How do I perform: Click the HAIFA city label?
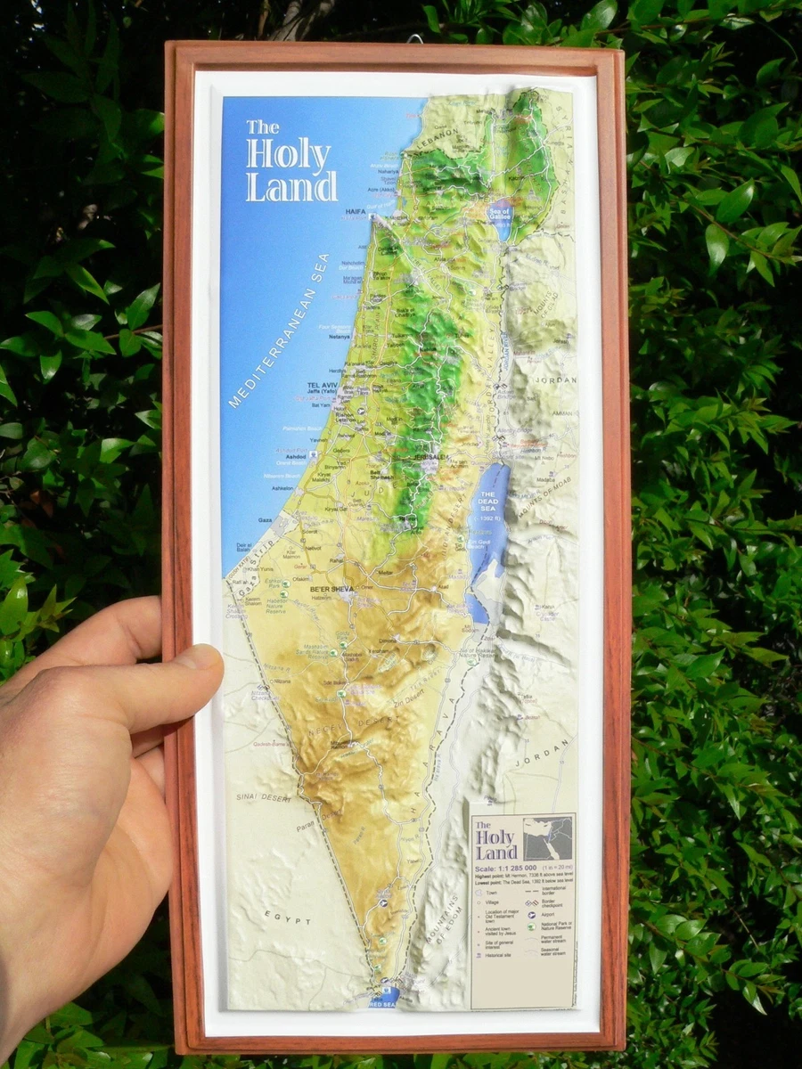[355, 213]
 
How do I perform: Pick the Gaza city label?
[266, 518]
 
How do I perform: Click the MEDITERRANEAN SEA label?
[280, 330]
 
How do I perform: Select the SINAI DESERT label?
[263, 797]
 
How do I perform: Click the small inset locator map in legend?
[547, 837]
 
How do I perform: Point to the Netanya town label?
[314, 338]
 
